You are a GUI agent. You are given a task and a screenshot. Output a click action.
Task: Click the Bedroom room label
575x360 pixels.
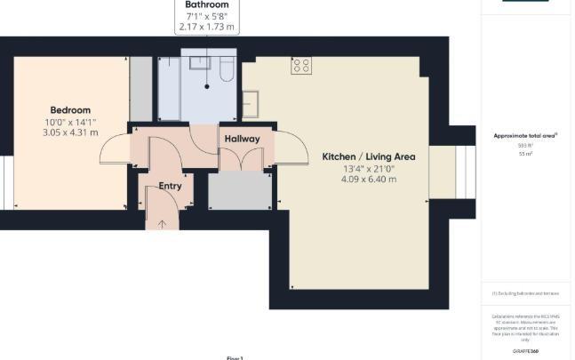point(70,110)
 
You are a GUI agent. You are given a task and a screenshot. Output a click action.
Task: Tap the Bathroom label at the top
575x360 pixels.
point(206,5)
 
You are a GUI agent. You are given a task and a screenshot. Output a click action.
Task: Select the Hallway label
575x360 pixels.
point(242,139)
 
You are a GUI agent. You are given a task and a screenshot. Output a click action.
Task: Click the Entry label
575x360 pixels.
point(170,187)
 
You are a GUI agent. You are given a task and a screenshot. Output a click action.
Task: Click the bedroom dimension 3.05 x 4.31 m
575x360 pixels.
point(70,133)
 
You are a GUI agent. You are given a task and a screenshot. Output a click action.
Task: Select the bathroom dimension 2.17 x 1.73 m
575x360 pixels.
point(206,28)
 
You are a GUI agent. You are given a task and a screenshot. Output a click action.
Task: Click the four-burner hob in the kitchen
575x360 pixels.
point(300,66)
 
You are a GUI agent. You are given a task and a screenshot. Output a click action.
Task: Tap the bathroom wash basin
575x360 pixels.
point(198,62)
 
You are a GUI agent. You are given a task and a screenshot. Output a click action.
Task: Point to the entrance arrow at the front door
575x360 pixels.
point(161,223)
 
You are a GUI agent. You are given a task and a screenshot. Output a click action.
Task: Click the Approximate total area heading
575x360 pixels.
point(524,136)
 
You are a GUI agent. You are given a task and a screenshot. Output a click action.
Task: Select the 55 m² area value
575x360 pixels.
point(523,154)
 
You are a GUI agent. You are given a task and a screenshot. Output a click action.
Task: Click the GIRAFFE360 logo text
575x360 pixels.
point(525,352)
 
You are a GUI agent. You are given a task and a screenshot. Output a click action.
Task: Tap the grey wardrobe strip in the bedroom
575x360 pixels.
point(140,89)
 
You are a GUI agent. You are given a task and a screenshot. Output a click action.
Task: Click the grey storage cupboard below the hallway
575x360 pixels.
point(239,190)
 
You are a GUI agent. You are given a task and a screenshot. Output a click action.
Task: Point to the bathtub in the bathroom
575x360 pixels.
point(169,89)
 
